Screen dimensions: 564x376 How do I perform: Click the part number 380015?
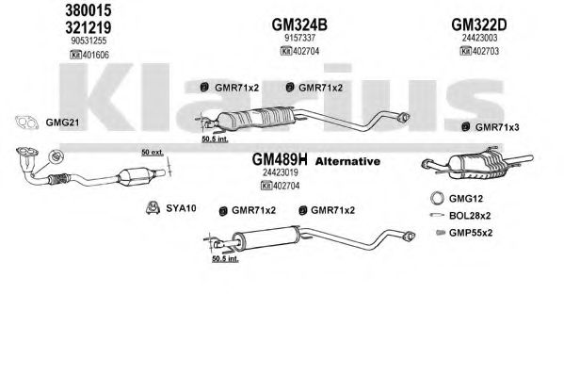click(x=89, y=10)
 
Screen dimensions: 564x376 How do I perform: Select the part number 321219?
click(x=89, y=27)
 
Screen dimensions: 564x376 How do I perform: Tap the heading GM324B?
click(x=299, y=25)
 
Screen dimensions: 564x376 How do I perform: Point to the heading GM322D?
click(x=478, y=25)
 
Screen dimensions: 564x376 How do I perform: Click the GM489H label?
click(x=280, y=159)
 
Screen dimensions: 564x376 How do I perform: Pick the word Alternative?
click(x=347, y=161)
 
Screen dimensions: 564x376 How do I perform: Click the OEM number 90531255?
click(x=89, y=41)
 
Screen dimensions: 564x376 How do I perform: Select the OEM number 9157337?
click(x=299, y=38)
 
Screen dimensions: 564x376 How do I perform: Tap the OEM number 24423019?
click(x=281, y=172)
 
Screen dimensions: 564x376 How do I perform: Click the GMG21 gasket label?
click(x=62, y=123)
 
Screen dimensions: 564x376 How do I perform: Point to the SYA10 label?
click(x=181, y=208)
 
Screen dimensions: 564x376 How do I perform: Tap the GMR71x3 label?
click(x=497, y=127)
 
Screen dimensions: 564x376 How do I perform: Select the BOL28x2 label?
click(x=470, y=216)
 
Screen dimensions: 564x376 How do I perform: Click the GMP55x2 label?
click(x=471, y=233)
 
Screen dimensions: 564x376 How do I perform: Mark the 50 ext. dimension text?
click(x=153, y=153)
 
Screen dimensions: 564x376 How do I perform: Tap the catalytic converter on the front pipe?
click(x=136, y=176)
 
